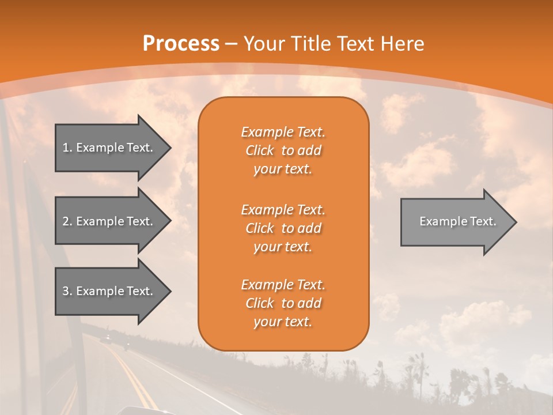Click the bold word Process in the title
[181, 44]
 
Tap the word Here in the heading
[401, 44]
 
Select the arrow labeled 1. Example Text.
[109, 148]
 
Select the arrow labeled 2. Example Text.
[109, 221]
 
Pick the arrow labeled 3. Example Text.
[109, 291]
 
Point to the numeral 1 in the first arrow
[66, 148]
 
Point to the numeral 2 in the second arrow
[66, 221]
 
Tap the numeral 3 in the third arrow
[66, 291]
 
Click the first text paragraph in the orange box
[283, 150]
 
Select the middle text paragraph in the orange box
[283, 228]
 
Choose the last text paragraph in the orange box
[283, 303]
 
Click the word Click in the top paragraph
[260, 150]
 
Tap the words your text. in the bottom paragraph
[283, 322]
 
